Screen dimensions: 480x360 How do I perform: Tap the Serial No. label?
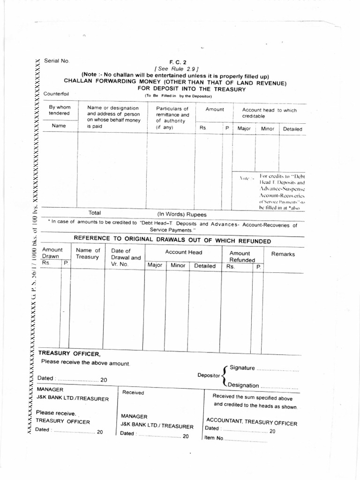[57, 61]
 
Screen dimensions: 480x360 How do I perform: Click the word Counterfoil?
[56, 94]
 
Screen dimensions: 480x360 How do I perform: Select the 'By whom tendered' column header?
[60, 111]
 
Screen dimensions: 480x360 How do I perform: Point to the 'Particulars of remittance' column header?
[172, 114]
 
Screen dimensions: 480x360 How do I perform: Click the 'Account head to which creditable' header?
[269, 112]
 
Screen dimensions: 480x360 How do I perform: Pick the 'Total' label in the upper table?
[95, 213]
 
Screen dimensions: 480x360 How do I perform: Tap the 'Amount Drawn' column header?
[52, 254]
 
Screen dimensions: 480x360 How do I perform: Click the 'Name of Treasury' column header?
[88, 254]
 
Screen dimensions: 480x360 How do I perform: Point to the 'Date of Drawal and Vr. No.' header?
[126, 257]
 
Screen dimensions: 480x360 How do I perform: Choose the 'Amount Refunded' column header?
[242, 256]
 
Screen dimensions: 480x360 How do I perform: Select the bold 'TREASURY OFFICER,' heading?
[69, 353]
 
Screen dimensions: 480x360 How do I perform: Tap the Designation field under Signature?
[279, 386]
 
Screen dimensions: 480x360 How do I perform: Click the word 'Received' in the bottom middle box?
[133, 392]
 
